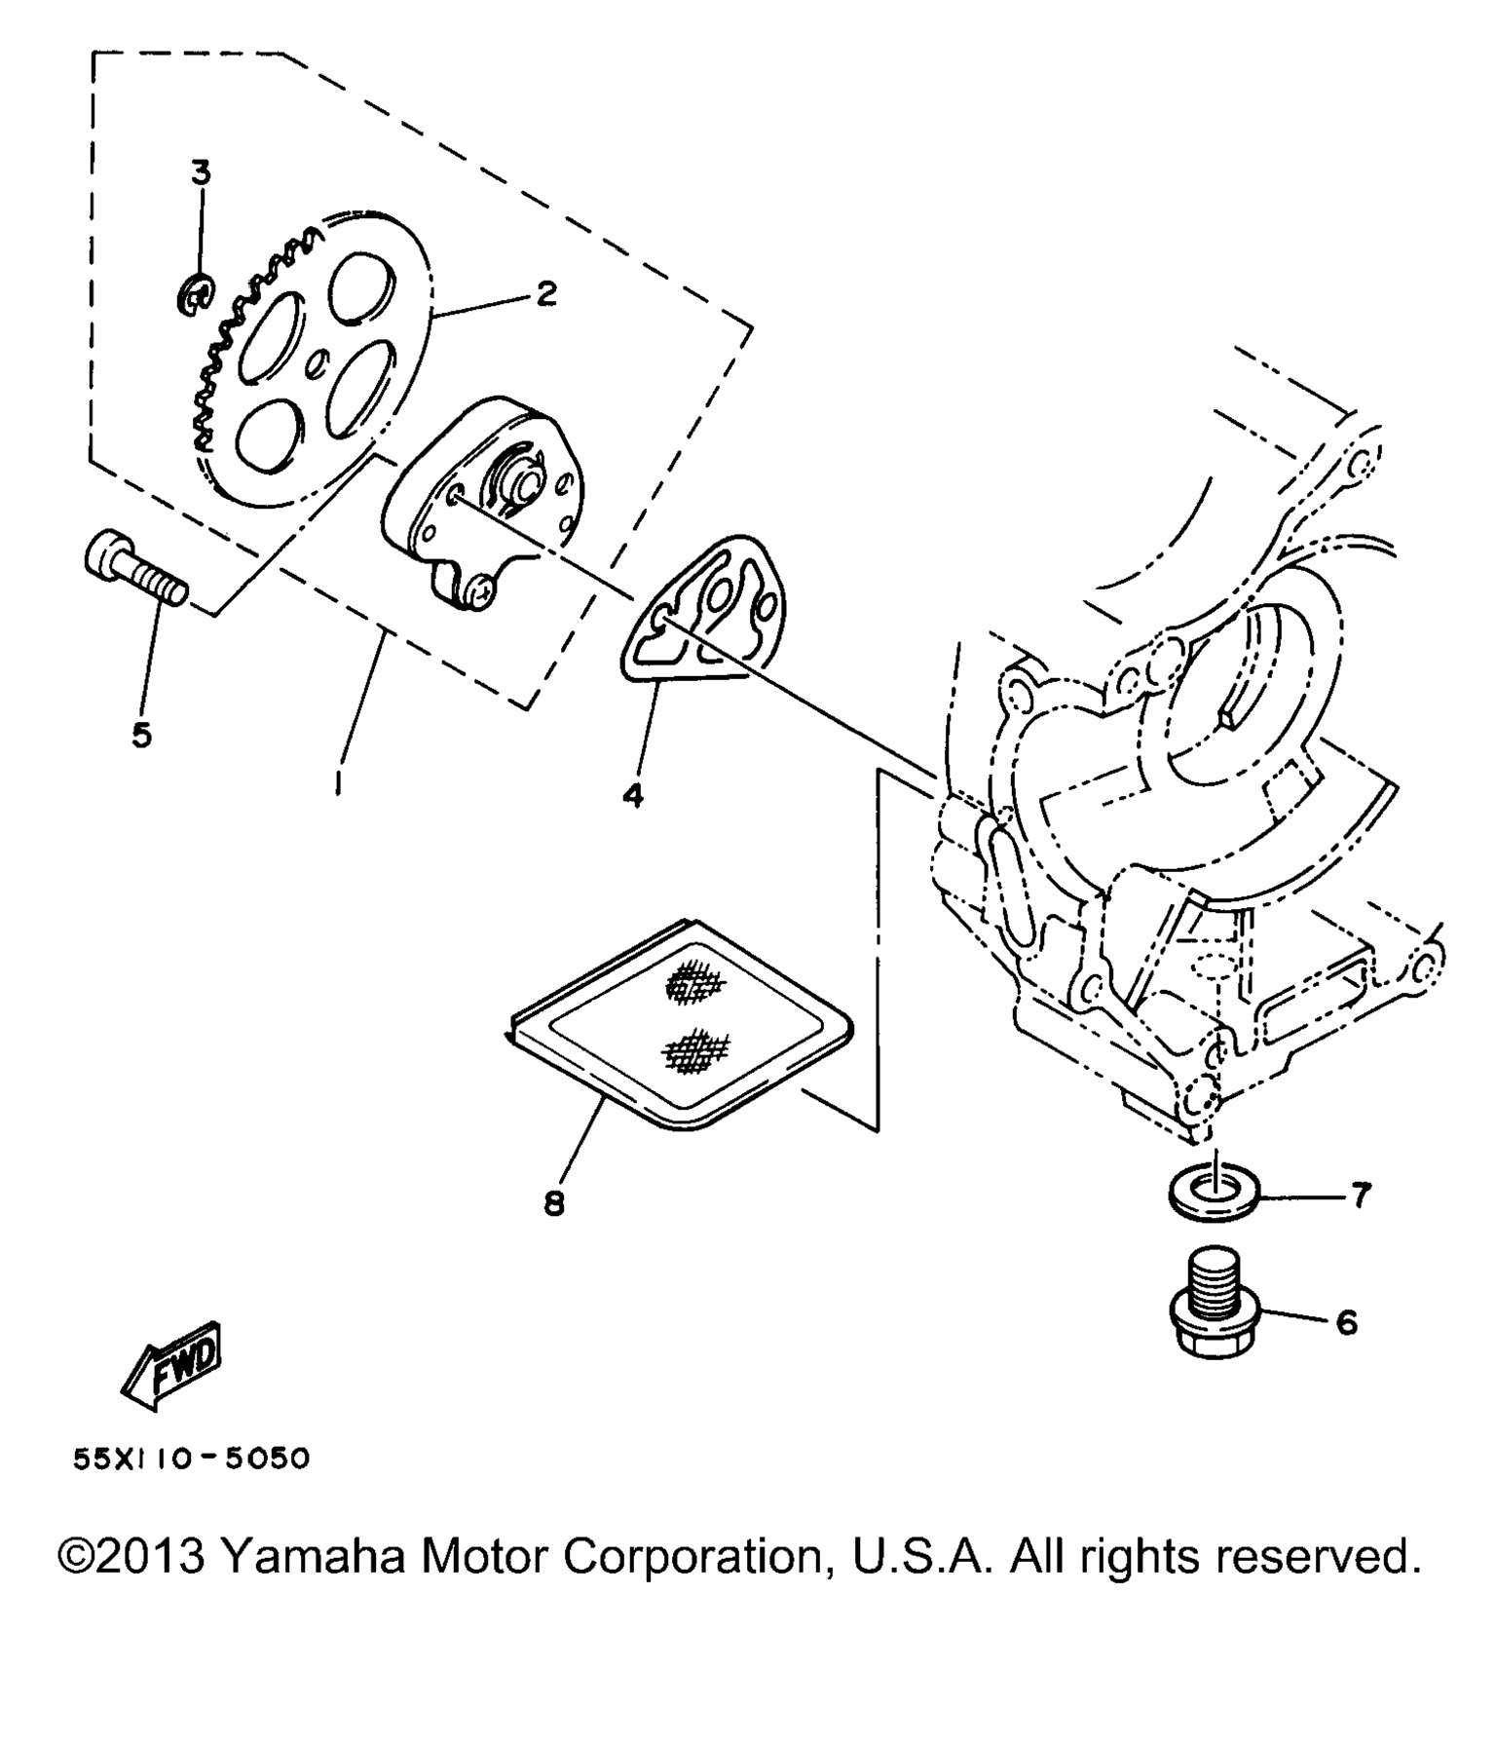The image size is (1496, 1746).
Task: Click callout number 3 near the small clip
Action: coord(200,173)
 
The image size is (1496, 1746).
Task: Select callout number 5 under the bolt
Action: coord(142,736)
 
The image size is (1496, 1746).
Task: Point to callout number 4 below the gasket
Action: coord(633,796)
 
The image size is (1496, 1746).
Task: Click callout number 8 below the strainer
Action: coord(553,1205)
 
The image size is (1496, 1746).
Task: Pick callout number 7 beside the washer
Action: coord(1360,1195)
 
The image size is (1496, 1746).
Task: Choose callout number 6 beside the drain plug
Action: coord(1347,1322)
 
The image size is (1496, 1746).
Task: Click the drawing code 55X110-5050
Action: coord(192,1459)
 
